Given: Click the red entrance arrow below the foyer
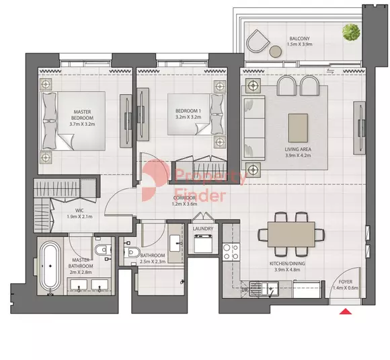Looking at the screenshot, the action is (x=346, y=311).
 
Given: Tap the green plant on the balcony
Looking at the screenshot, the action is (x=351, y=32).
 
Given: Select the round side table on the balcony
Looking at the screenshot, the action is (x=276, y=52).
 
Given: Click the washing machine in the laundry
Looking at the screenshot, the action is (x=203, y=244).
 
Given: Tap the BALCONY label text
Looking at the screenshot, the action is (x=299, y=38).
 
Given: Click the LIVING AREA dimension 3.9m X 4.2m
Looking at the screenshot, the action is (x=299, y=155).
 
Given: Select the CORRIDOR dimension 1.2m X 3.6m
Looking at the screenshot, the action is (x=184, y=204).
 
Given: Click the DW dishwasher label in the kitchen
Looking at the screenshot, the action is (x=245, y=290).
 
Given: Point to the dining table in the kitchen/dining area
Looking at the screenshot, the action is (x=291, y=234).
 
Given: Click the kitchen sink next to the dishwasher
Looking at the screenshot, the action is (x=264, y=289).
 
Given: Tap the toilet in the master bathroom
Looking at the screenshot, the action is (x=103, y=250).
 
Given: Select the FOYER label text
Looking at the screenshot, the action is (x=346, y=282).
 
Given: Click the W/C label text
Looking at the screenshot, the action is (x=79, y=211).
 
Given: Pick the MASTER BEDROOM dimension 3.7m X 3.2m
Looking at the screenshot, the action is (x=82, y=124).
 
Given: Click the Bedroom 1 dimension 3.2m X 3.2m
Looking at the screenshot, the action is (x=188, y=117).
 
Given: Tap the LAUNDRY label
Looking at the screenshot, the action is (x=203, y=229).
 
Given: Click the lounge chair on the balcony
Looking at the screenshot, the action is (x=258, y=41).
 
